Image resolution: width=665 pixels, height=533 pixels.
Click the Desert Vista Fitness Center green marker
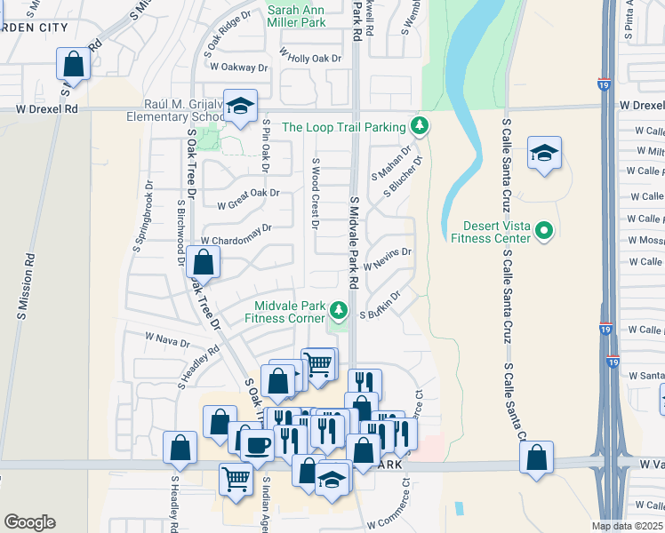tap(545, 232)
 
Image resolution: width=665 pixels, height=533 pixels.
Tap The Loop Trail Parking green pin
tap(419, 127)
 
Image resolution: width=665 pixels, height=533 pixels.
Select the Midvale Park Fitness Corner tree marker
tap(338, 310)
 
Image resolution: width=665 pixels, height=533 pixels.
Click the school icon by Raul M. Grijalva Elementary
tap(239, 107)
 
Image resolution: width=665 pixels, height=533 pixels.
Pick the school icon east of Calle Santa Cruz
tap(544, 153)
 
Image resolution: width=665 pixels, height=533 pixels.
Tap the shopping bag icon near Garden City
tap(73, 64)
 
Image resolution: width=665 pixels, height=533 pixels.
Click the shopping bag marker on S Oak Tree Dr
tap(204, 262)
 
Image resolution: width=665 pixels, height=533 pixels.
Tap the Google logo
tap(29, 522)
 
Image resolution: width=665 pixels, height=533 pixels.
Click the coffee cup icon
tap(259, 443)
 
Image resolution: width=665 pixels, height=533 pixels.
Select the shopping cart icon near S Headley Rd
tap(236, 479)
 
